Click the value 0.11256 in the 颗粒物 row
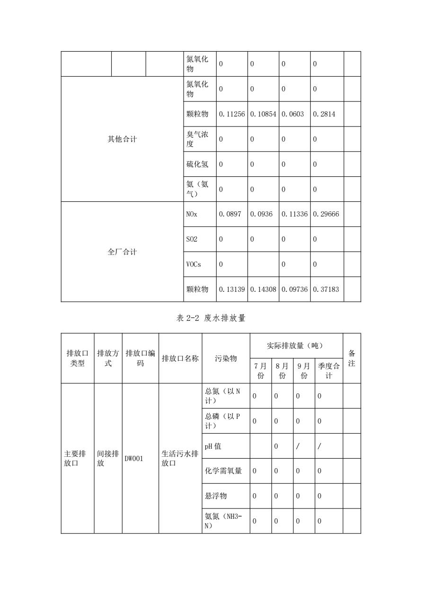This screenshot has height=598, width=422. [231, 114]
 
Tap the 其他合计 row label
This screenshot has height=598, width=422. [122, 139]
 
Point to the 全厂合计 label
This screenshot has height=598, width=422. [122, 252]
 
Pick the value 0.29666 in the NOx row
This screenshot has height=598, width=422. [326, 214]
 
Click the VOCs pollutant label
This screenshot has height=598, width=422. [193, 264]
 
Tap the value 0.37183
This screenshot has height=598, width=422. [326, 290]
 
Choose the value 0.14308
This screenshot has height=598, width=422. [263, 290]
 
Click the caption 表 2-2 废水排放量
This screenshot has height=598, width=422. [211, 318]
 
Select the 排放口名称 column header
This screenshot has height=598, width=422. [180, 359]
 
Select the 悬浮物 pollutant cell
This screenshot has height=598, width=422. [216, 496]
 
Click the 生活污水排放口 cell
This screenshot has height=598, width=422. [180, 459]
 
